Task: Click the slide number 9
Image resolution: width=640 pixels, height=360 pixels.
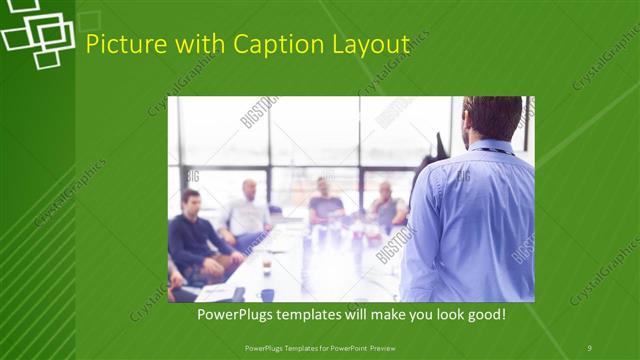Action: [x=589, y=347]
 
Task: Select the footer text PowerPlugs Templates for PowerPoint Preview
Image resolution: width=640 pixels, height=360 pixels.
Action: [x=319, y=347]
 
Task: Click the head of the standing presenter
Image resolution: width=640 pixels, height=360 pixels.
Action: [x=492, y=117]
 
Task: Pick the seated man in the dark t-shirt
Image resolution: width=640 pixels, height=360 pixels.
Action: [x=324, y=204]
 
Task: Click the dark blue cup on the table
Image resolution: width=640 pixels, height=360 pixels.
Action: [x=267, y=294]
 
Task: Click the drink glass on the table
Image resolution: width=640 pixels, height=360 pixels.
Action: [x=266, y=265]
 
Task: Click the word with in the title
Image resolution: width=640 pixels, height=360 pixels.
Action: [x=199, y=45]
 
